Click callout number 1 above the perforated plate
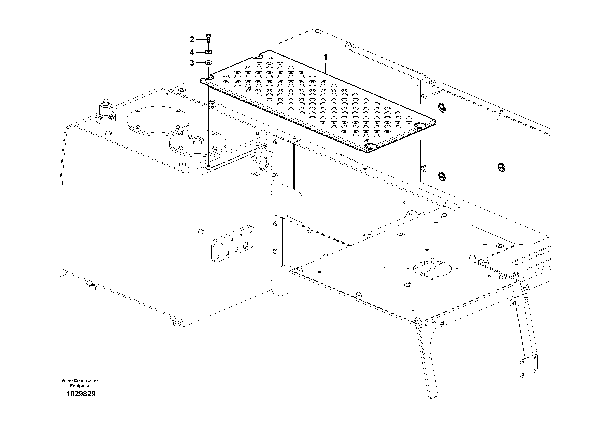click(325, 57)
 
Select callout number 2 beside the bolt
click(192, 40)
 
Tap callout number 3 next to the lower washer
click(192, 63)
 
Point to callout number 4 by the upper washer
click(192, 52)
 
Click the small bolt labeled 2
click(208, 39)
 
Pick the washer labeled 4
click(208, 52)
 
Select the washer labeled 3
click(209, 63)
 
